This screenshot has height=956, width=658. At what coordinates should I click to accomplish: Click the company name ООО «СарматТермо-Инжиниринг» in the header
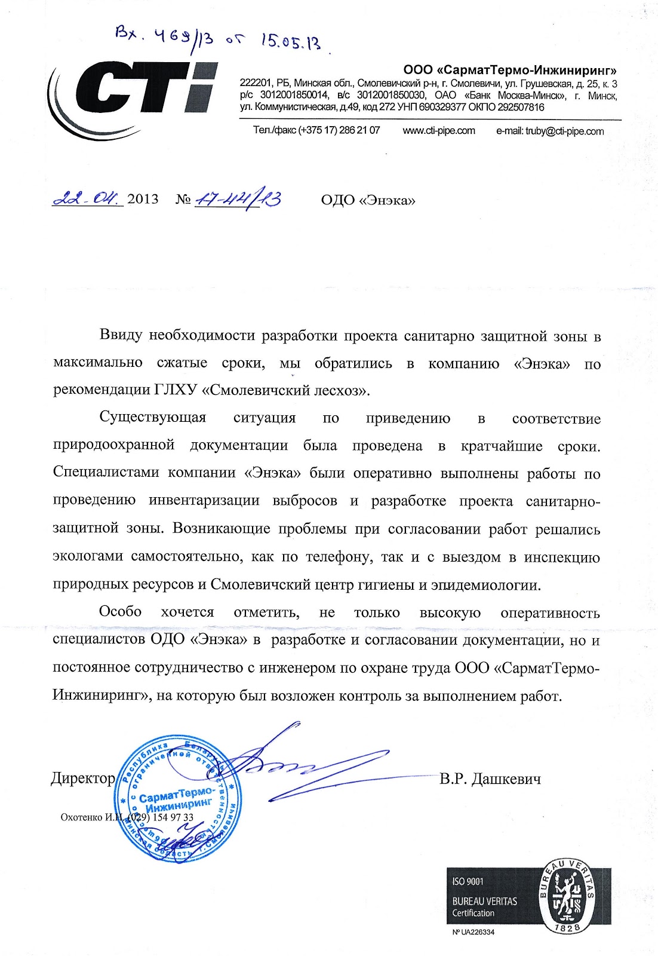point(510,71)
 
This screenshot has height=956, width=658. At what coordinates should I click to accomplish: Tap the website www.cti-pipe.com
point(439,130)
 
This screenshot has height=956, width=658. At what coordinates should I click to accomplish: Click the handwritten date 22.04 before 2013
point(87,198)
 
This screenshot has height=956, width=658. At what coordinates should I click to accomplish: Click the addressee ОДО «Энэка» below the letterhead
point(368,200)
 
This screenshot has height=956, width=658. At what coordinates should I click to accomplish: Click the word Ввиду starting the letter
point(121,335)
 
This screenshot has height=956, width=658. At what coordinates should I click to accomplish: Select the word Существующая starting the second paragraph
point(152,418)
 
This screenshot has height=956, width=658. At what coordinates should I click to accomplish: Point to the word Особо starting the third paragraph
point(120,611)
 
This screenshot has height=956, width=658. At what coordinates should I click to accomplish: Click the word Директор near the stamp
point(83,778)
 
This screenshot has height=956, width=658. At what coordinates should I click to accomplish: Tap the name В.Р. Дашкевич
point(490,779)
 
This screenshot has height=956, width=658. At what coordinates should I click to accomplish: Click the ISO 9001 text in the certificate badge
point(468,881)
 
